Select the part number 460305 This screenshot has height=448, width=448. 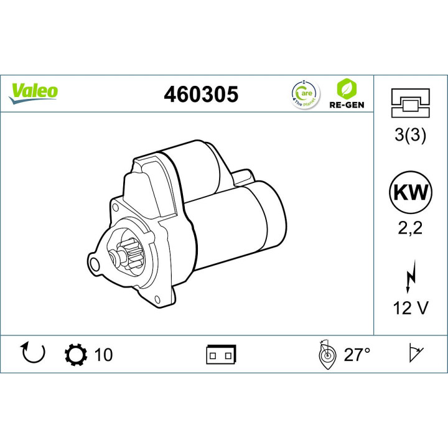pyautogui.click(x=200, y=94)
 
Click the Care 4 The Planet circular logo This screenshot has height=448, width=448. pyautogui.click(x=304, y=93)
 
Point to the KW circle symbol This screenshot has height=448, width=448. pyautogui.click(x=410, y=192)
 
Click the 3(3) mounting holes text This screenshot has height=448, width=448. pyautogui.click(x=410, y=136)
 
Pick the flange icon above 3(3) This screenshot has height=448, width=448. pyautogui.click(x=410, y=103)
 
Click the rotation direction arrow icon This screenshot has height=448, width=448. pyautogui.click(x=33, y=353)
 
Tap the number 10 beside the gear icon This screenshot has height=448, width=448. pyautogui.click(x=103, y=355)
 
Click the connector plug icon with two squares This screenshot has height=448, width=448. pyautogui.click(x=221, y=355)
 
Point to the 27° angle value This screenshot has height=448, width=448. pyautogui.click(x=357, y=355)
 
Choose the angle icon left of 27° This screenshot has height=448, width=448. pyautogui.click(x=325, y=353)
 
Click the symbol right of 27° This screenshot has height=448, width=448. pyautogui.click(x=413, y=353)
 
